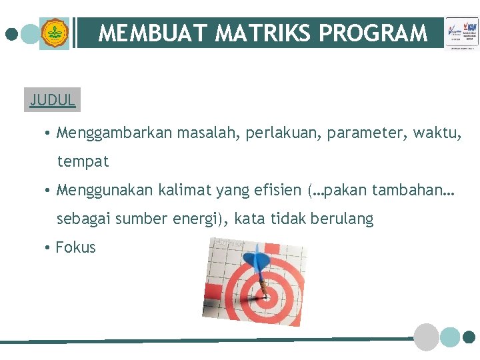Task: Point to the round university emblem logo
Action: [54, 33]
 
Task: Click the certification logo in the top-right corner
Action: [461, 33]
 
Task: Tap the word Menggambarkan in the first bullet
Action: [115, 133]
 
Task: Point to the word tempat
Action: [83, 161]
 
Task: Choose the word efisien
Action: [278, 190]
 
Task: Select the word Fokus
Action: [75, 247]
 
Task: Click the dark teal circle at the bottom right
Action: [469, 337]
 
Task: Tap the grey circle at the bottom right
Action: [426, 337]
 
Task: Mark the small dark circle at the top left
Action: [11, 33]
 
